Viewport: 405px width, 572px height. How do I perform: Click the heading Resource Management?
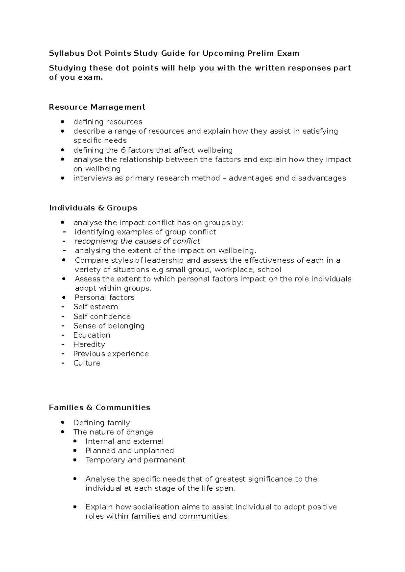pyautogui.click(x=97, y=107)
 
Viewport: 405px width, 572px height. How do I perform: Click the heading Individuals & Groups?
pyautogui.click(x=93, y=208)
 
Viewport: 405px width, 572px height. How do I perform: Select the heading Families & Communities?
pyautogui.click(x=99, y=407)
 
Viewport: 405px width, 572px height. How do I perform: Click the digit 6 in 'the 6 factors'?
pyautogui.click(x=123, y=150)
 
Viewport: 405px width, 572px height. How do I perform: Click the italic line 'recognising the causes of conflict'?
pyautogui.click(x=137, y=241)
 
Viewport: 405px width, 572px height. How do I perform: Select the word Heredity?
pyautogui.click(x=89, y=344)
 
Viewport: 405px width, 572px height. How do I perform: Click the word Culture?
pyautogui.click(x=87, y=363)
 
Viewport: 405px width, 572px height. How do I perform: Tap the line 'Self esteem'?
pyautogui.click(x=96, y=307)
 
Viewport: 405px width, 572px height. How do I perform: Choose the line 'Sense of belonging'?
pyautogui.click(x=109, y=326)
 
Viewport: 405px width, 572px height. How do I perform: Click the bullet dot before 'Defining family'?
pyautogui.click(x=62, y=422)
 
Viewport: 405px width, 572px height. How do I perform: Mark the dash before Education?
pyautogui.click(x=63, y=335)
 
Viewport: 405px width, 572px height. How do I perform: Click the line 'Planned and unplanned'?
pyautogui.click(x=129, y=451)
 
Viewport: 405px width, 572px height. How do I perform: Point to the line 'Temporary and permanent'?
pyautogui.click(x=135, y=460)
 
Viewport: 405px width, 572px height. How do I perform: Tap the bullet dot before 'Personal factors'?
pyautogui.click(x=64, y=297)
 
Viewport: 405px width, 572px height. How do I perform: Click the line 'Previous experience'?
pyautogui.click(x=111, y=354)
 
